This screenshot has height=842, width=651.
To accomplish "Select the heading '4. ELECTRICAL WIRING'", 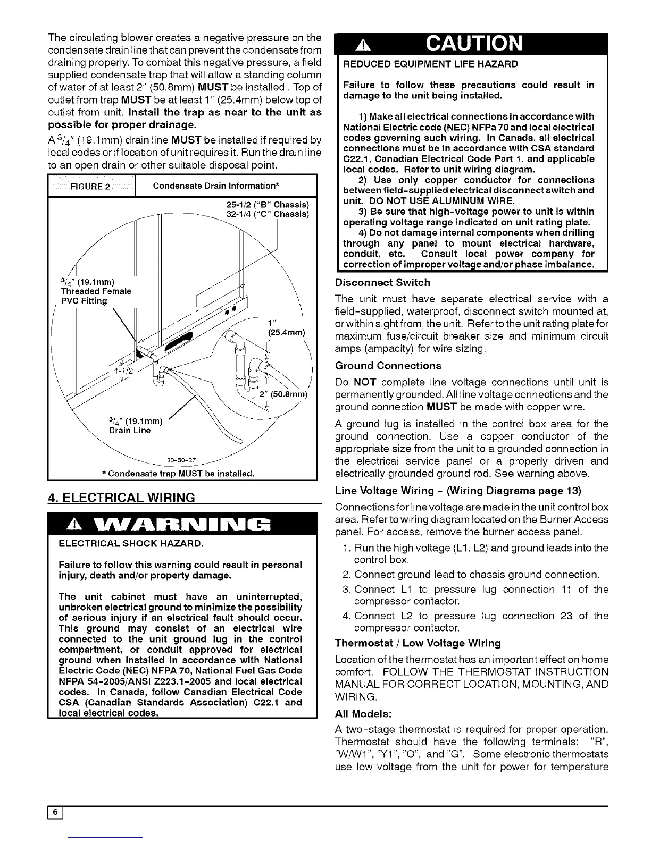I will (x=121, y=498).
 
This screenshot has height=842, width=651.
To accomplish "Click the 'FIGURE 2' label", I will (x=91, y=186).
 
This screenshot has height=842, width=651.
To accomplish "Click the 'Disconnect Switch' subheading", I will (x=382, y=282).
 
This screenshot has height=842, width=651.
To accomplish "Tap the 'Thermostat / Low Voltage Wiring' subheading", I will (x=418, y=643).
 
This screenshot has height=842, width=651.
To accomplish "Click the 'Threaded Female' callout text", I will (x=96, y=291).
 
